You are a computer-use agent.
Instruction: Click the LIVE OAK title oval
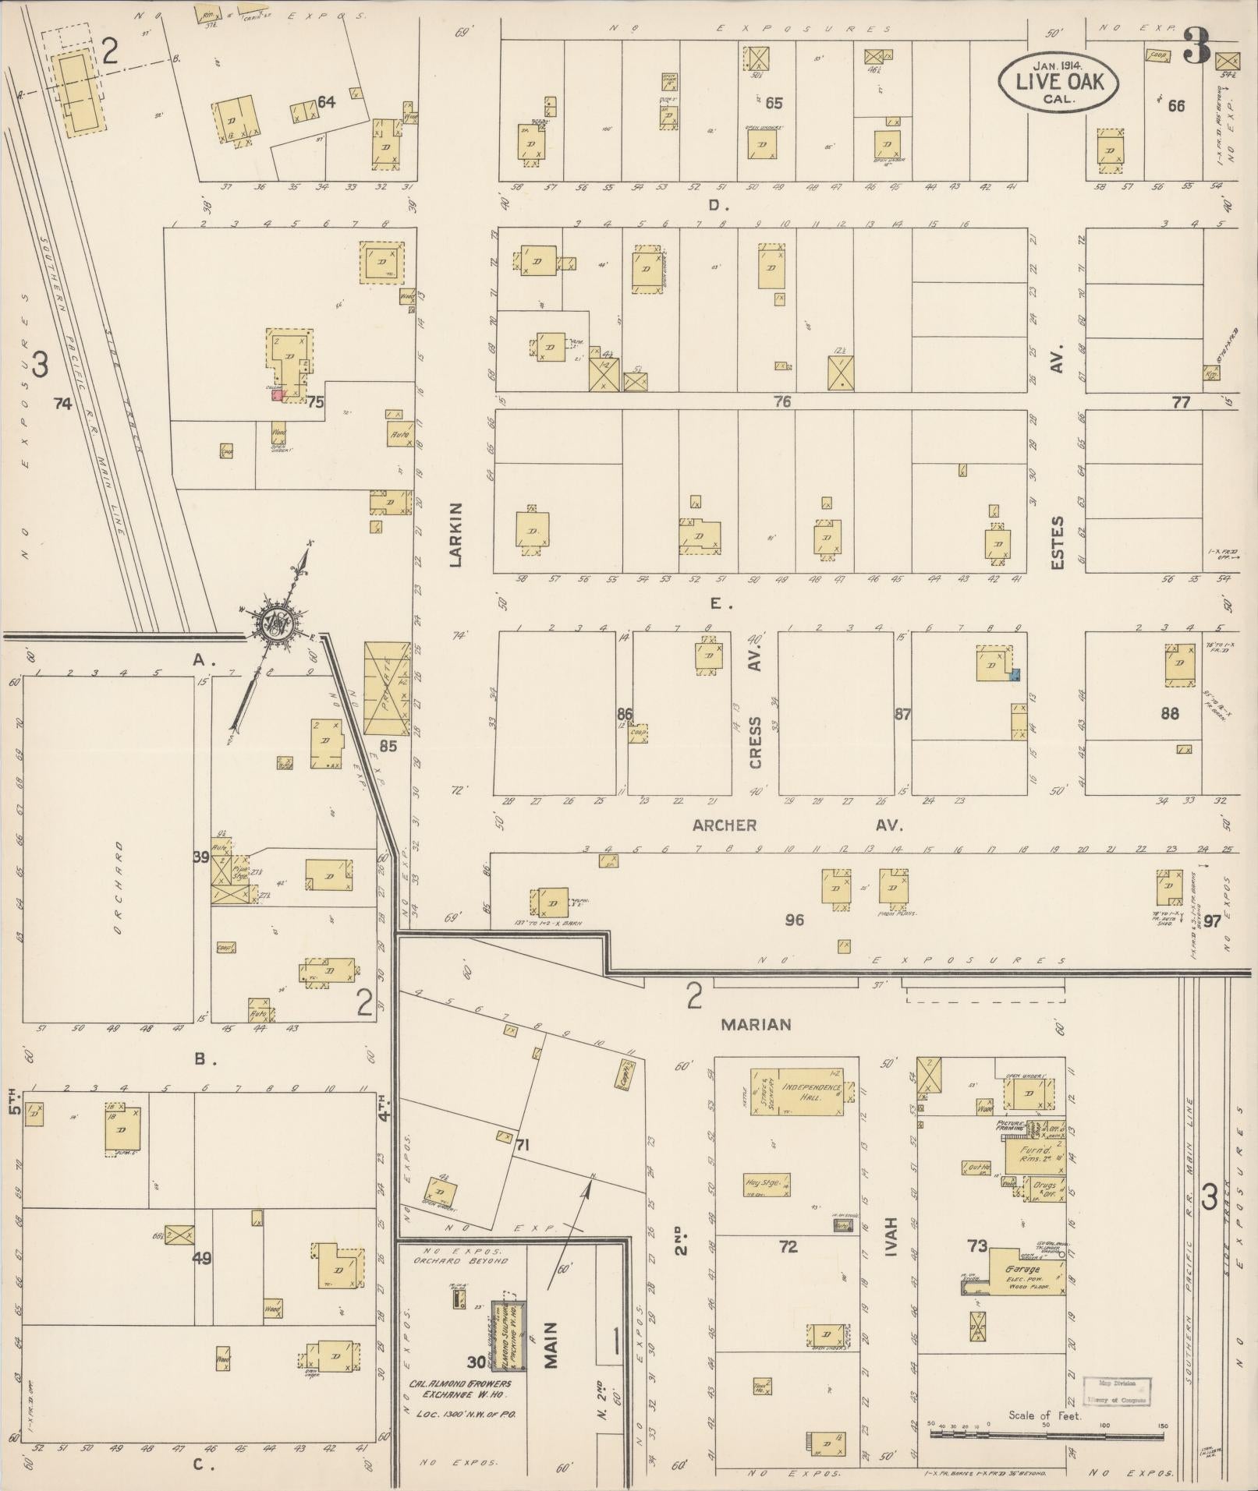point(1060,80)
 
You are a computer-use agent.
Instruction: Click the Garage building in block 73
point(1026,1274)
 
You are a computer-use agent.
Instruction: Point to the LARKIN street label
point(457,534)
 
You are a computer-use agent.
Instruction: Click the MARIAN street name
point(755,1025)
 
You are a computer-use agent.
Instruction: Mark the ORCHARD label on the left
point(119,887)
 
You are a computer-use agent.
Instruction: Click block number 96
point(794,920)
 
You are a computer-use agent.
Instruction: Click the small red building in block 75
point(276,395)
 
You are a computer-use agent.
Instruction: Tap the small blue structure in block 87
point(1015,677)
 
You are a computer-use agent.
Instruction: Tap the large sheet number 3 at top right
point(1196,47)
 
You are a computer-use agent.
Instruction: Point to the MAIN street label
point(551,1345)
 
